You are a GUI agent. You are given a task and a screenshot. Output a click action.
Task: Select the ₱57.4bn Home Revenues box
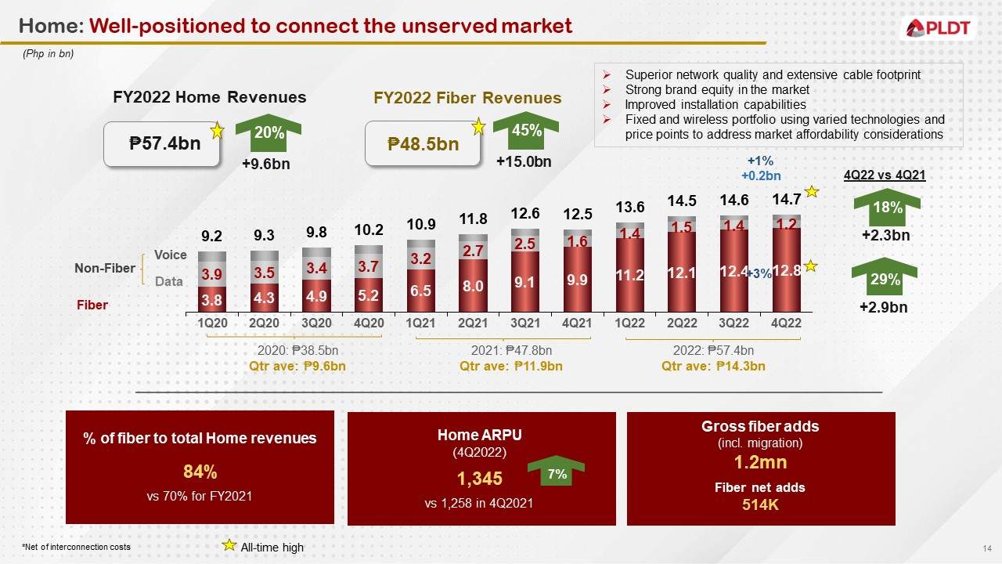[x=164, y=144]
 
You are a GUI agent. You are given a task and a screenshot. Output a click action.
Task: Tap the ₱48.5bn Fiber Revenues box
[x=424, y=144]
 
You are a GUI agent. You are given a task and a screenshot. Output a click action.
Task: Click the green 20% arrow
[x=269, y=134]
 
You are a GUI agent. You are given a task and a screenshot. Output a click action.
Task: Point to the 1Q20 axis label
[x=211, y=322]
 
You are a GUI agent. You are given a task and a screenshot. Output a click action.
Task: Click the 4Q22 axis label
[x=786, y=322]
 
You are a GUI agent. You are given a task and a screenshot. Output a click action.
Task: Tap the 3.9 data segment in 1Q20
[x=211, y=274]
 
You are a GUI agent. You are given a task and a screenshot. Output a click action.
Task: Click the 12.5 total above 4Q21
[x=577, y=214]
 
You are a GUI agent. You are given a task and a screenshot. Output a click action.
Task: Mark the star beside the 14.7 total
[x=813, y=192]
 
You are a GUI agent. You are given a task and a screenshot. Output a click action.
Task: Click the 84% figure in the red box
[x=200, y=472]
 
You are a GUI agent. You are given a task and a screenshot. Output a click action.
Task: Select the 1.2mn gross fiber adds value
[x=760, y=464]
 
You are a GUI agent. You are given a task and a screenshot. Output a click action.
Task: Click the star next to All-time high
[x=229, y=545]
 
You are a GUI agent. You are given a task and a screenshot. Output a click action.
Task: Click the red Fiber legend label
[x=92, y=305]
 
